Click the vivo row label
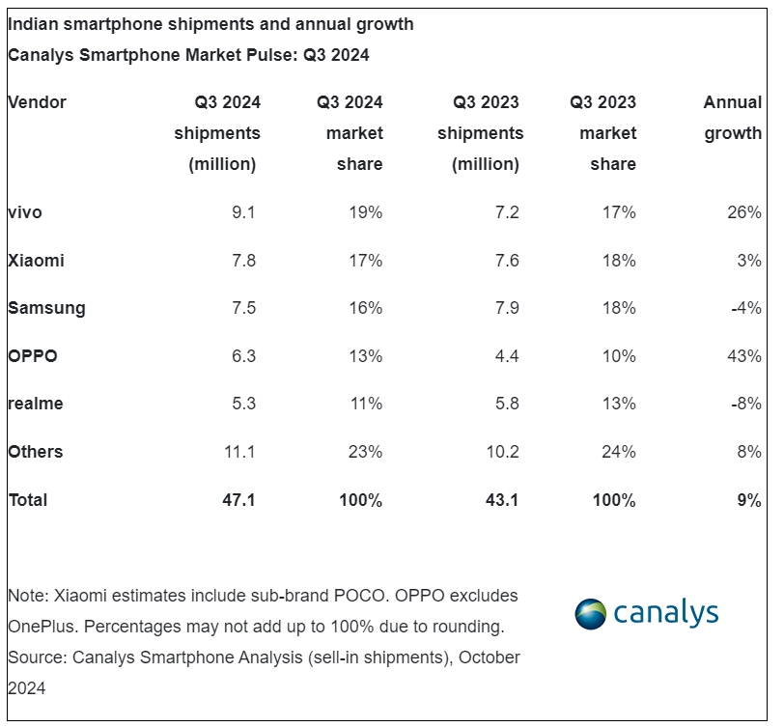[x=25, y=212]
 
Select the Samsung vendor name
[x=46, y=308]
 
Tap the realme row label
[x=35, y=404]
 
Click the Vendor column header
[x=37, y=102]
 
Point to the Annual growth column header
[x=732, y=118]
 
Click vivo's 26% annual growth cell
[x=744, y=212]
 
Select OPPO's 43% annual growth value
[x=744, y=356]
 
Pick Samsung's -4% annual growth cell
[x=746, y=308]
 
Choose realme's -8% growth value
[x=746, y=404]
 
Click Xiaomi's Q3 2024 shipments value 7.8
[x=242, y=261]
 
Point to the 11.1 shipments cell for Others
[x=238, y=452]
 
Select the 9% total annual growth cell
[x=750, y=500]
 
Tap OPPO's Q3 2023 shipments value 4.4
[x=506, y=356]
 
